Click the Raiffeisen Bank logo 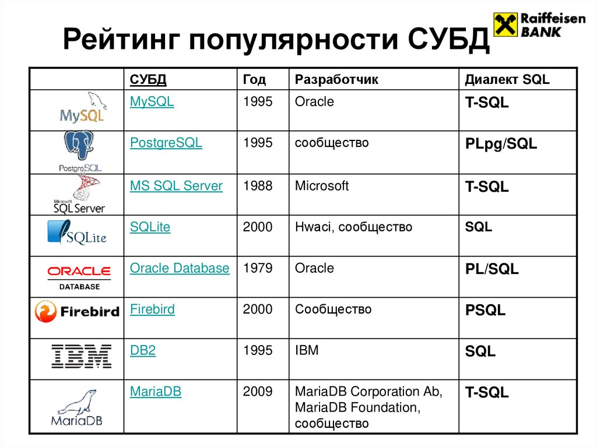pos(539,24)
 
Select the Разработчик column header pos(336,80)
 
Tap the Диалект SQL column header pos(507,80)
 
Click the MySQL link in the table pos(152,101)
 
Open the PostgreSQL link pos(166,143)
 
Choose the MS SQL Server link pos(176,186)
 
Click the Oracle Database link pos(180,268)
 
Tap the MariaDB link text pos(156,392)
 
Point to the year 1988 pos(258,186)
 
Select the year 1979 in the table pos(258,268)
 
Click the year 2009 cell pos(258,392)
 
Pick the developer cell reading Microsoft pos(322,186)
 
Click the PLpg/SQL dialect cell pos(501,144)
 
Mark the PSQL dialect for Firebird pos(485,311)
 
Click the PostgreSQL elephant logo pos(80,146)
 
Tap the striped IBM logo pos(81,356)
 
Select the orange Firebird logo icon pos(45,312)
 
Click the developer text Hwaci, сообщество pos(353,227)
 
